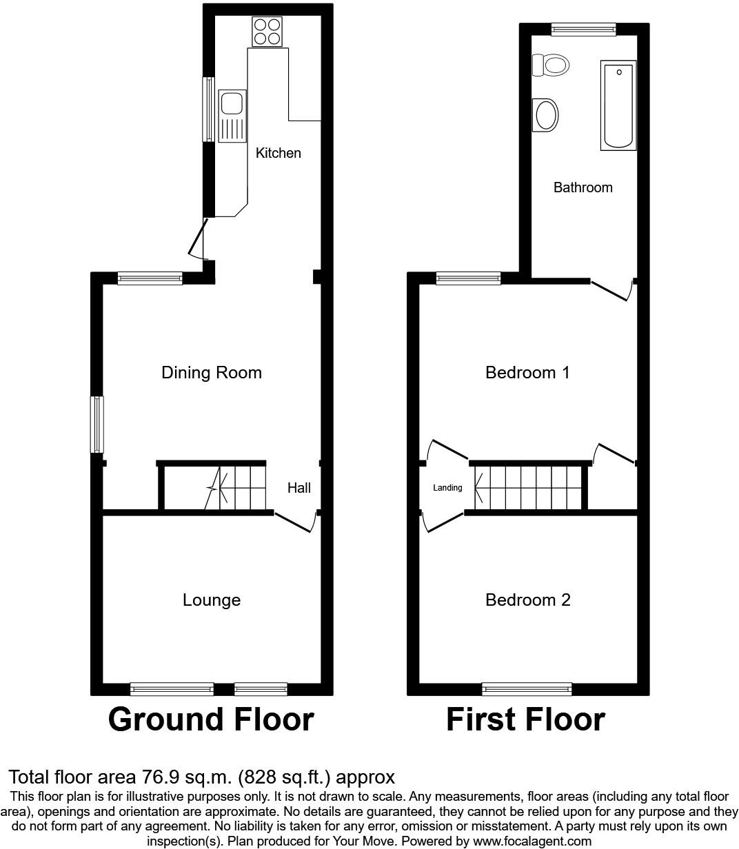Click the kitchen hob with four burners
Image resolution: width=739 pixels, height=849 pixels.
click(x=267, y=32)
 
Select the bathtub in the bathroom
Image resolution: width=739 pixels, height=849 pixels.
click(x=618, y=105)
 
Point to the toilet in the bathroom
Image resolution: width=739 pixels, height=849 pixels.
click(x=551, y=65)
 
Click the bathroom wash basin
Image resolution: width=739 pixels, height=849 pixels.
click(x=546, y=115)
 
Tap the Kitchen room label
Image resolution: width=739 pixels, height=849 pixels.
click(x=279, y=153)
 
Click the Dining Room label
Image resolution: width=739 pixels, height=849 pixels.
click(x=212, y=373)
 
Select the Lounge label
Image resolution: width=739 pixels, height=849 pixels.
click(x=212, y=600)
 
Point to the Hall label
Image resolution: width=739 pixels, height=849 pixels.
click(x=299, y=488)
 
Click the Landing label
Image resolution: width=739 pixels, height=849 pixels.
click(x=447, y=488)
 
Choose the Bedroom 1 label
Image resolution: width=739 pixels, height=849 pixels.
click(x=527, y=373)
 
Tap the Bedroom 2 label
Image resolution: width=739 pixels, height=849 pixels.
click(x=527, y=600)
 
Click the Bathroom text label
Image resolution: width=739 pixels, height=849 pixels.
click(x=583, y=187)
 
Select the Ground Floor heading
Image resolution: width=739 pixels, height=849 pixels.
click(x=211, y=719)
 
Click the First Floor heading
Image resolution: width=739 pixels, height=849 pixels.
click(x=525, y=719)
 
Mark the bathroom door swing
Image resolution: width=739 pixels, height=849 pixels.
click(x=611, y=290)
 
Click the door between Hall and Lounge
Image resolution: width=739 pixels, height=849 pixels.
click(x=295, y=522)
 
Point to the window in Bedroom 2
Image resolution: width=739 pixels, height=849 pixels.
click(x=527, y=688)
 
